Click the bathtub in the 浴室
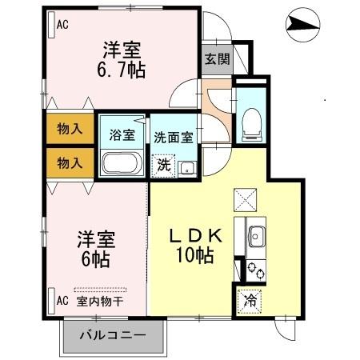(122, 163)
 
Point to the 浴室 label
(121, 135)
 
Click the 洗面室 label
(173, 136)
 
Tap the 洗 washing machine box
(163, 166)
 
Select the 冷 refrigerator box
(250, 302)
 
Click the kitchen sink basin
(258, 236)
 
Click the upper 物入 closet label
(70, 128)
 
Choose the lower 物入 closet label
(70, 162)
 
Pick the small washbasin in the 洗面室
(187, 167)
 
